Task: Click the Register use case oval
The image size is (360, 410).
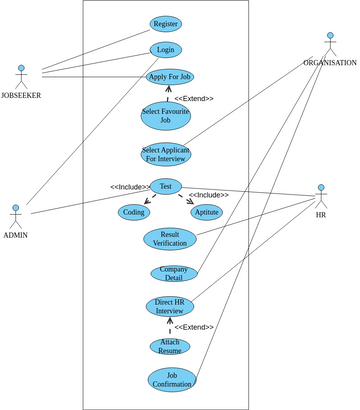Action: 165,23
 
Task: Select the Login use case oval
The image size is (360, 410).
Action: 165,49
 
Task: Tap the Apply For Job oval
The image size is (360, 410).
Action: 169,76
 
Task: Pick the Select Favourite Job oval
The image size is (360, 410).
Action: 165,114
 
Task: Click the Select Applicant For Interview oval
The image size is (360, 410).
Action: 165,154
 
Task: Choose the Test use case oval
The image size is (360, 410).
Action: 165,185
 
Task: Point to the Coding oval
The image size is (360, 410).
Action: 133,212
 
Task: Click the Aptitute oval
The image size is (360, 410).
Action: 206,212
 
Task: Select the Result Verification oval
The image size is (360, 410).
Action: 169,239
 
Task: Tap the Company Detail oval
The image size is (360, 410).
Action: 169,273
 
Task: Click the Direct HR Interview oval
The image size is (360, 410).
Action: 169,307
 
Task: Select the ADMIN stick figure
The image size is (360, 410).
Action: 15,216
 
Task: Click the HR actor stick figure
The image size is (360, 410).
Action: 321,196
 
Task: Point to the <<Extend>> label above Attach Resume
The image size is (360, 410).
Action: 194,328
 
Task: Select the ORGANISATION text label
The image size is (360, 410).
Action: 330,63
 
